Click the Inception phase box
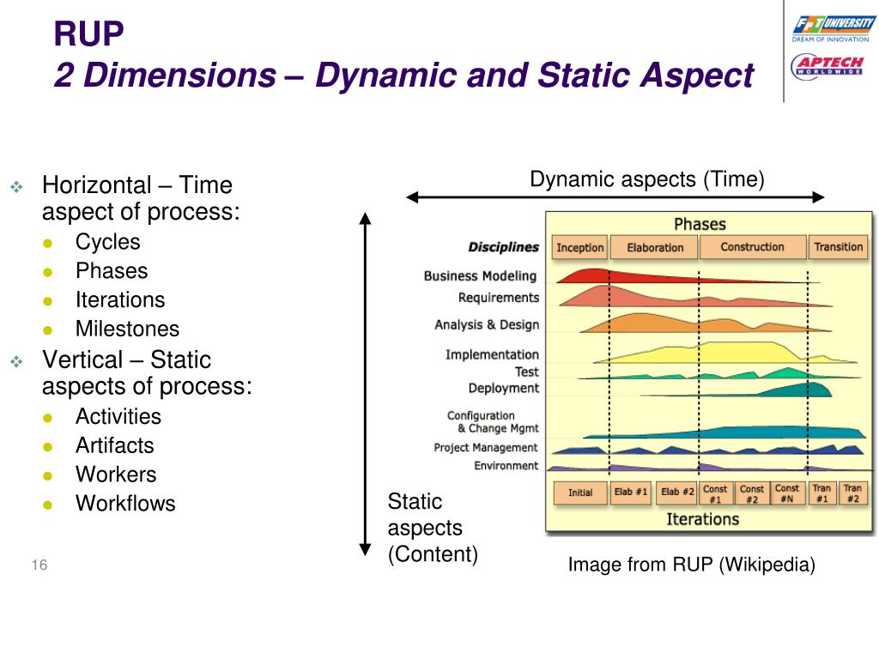pos(580,247)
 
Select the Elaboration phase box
pos(654,247)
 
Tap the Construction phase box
pos(752,247)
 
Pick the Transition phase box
pos(838,247)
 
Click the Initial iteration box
pos(579,493)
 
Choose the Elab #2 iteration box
pos(676,493)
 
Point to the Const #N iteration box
pos(786,493)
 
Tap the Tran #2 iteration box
pos(852,493)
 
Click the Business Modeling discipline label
pos(480,276)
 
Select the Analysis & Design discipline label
pos(487,325)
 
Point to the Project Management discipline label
pos(486,448)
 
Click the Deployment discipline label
pos(504,388)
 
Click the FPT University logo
pos(833,29)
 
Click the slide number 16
pos(39,565)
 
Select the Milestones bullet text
pos(127,329)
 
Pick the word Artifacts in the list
pos(114,445)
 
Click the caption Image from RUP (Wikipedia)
pos(691,565)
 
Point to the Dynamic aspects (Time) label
pos(646,179)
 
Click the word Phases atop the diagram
pos(700,224)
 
